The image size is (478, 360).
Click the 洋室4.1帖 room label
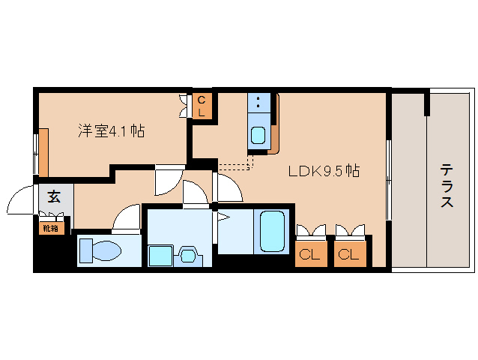(111, 131)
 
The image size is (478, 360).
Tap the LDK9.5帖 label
(324, 171)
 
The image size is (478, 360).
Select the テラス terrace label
(447, 186)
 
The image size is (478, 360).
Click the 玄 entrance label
(54, 197)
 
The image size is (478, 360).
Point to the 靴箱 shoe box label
(51, 226)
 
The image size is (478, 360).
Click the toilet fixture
(102, 250)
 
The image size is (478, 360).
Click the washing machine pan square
(160, 255)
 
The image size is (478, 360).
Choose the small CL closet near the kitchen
(202, 106)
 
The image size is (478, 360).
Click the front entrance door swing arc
(19, 201)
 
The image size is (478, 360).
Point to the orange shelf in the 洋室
(44, 152)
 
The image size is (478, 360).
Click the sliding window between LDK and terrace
(388, 180)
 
